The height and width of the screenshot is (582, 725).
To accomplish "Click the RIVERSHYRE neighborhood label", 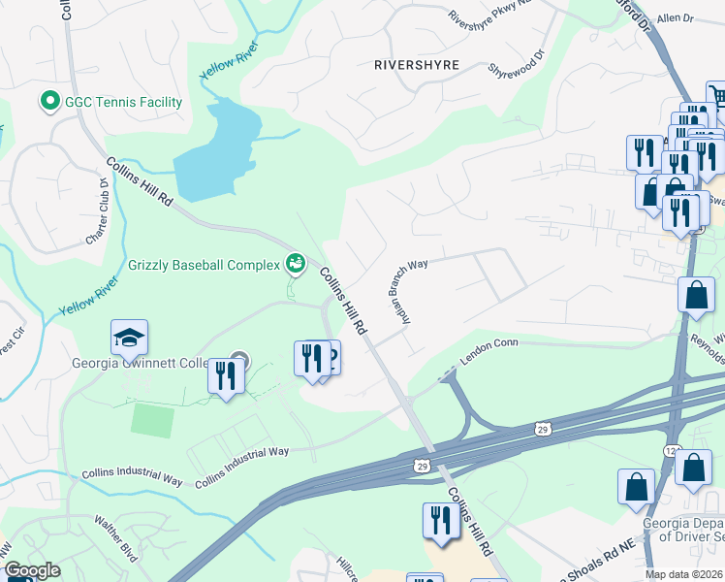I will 416,65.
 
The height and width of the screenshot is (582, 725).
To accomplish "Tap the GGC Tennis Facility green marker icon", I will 46,101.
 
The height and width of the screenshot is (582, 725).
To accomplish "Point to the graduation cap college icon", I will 129,338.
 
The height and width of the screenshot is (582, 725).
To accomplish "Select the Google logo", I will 31,571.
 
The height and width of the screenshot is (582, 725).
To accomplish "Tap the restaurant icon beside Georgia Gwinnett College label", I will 226,373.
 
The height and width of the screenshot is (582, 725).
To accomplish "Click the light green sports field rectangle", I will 152,420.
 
